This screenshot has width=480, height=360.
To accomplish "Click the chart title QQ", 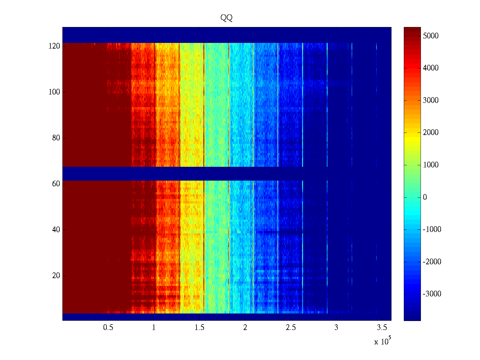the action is [226, 18].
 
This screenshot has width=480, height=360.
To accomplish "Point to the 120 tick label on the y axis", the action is [54, 46].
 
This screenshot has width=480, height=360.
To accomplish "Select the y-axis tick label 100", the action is [54, 92].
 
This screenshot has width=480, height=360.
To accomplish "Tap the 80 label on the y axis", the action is [56, 138].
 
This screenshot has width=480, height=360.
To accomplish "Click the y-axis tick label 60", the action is [56, 184].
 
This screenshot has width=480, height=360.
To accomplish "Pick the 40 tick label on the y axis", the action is [56, 230].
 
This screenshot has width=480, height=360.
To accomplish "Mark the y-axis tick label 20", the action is [56, 276].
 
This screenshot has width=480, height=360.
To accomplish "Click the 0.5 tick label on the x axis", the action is [108, 327].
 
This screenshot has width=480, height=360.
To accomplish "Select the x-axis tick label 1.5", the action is [199, 327].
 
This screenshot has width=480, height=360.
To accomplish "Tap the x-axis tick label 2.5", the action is [291, 327].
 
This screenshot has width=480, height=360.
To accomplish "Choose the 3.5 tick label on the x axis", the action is [382, 327].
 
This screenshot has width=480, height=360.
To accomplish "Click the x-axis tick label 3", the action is [336, 327].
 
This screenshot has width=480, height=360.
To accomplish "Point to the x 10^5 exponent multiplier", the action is [382, 341].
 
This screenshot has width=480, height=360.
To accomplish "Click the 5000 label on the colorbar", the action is [430, 36].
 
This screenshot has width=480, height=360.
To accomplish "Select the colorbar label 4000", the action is [430, 68].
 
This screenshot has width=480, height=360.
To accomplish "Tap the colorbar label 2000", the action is [430, 133].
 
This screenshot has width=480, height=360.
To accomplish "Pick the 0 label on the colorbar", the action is [425, 197].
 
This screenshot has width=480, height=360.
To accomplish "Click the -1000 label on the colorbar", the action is [432, 229].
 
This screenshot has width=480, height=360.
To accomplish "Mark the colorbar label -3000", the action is [432, 294].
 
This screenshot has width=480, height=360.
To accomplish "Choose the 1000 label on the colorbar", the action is [430, 165].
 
